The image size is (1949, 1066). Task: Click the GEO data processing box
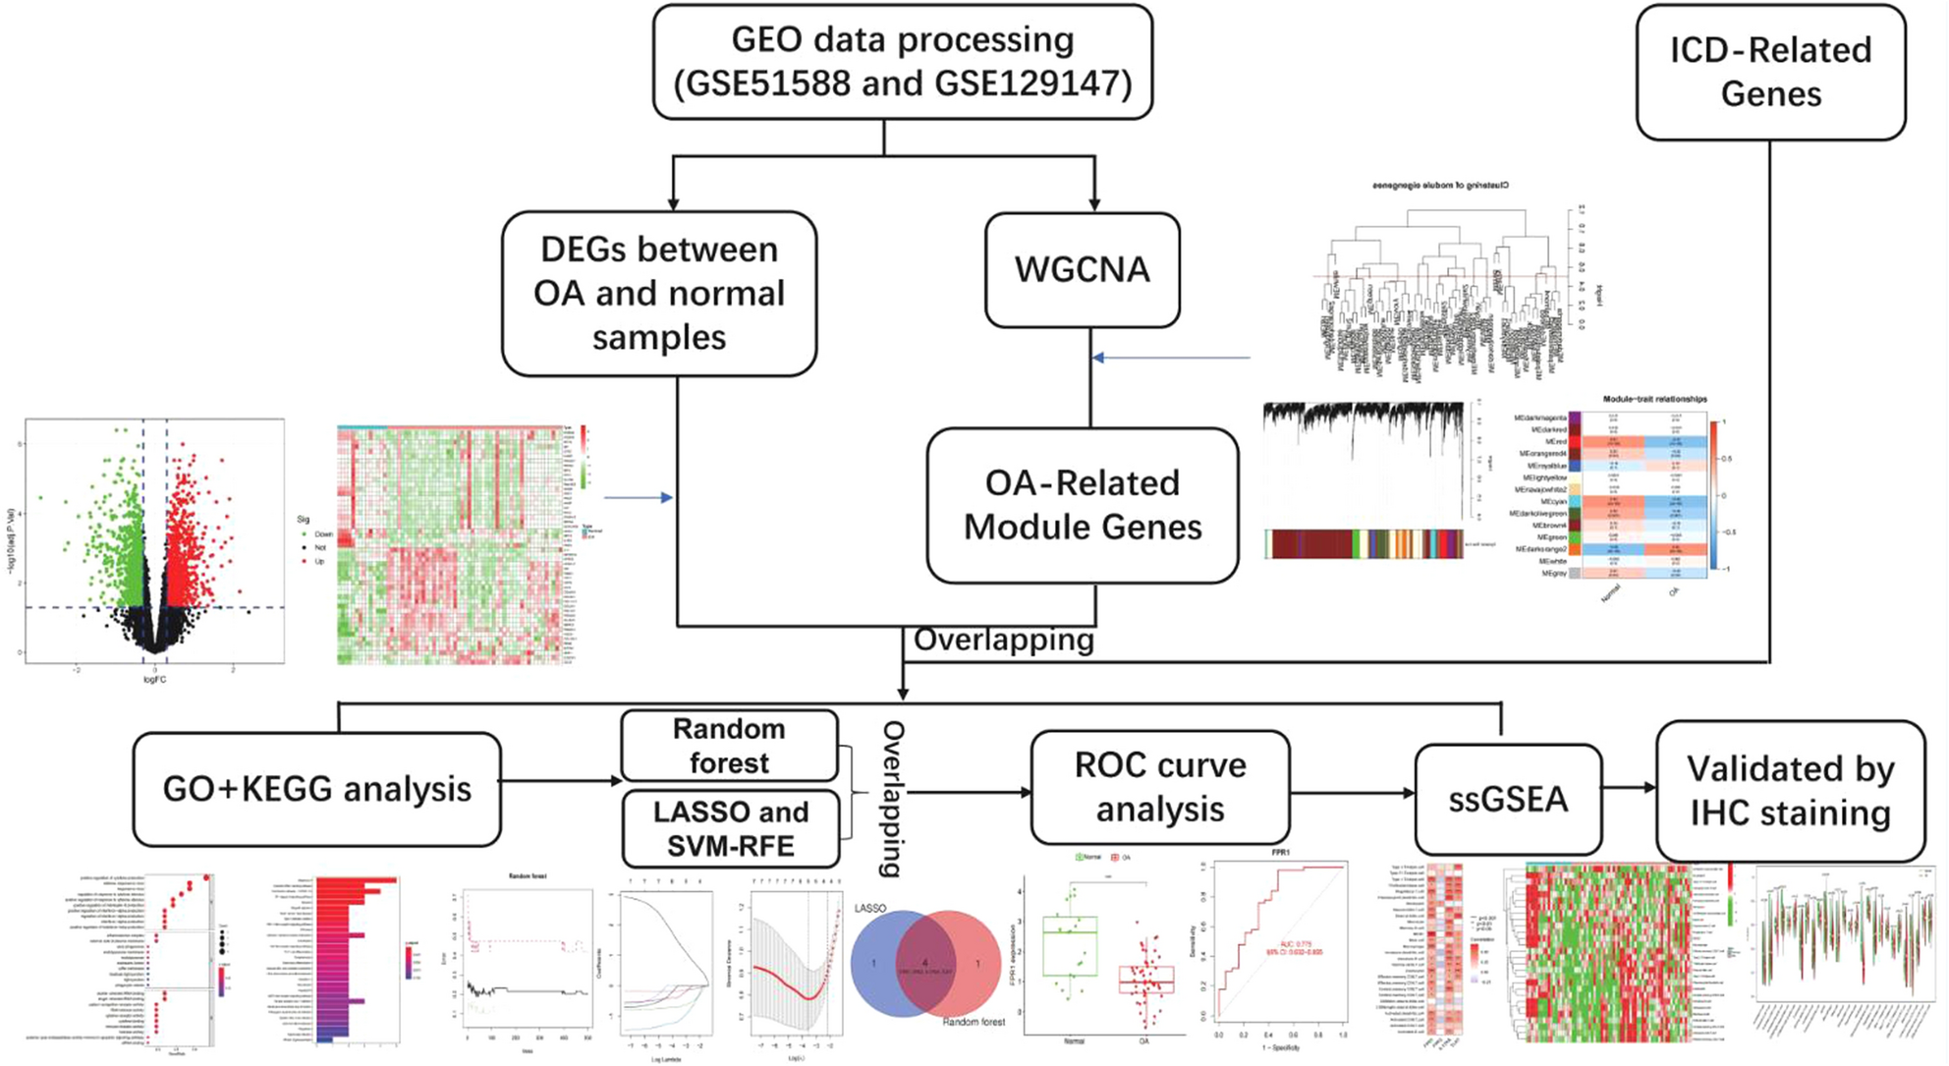point(902,62)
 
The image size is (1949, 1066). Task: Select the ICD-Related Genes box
point(1770,72)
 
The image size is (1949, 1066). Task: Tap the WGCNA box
point(1082,270)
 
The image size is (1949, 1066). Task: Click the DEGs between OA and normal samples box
point(658,293)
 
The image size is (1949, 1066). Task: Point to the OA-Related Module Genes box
point(1082,505)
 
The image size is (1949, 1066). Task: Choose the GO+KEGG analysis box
point(316,789)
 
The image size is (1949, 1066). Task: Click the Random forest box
point(729,746)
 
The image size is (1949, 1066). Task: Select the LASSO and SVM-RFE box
point(731,828)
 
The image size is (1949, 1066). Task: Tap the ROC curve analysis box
point(1159,787)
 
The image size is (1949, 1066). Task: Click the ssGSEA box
point(1508,799)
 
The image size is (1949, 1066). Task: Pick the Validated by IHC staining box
point(1790,791)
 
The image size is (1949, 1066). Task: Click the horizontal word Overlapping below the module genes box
point(1003,640)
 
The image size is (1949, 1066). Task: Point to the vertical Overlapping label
point(892,798)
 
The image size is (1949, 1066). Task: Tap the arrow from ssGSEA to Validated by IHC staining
point(1630,787)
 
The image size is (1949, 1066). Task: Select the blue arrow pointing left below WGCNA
point(1169,358)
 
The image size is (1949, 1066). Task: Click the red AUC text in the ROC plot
point(1294,945)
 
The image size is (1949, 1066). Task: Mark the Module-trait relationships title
point(1654,399)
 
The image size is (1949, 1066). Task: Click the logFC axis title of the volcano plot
point(154,679)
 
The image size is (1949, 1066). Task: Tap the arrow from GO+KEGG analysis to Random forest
point(561,781)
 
